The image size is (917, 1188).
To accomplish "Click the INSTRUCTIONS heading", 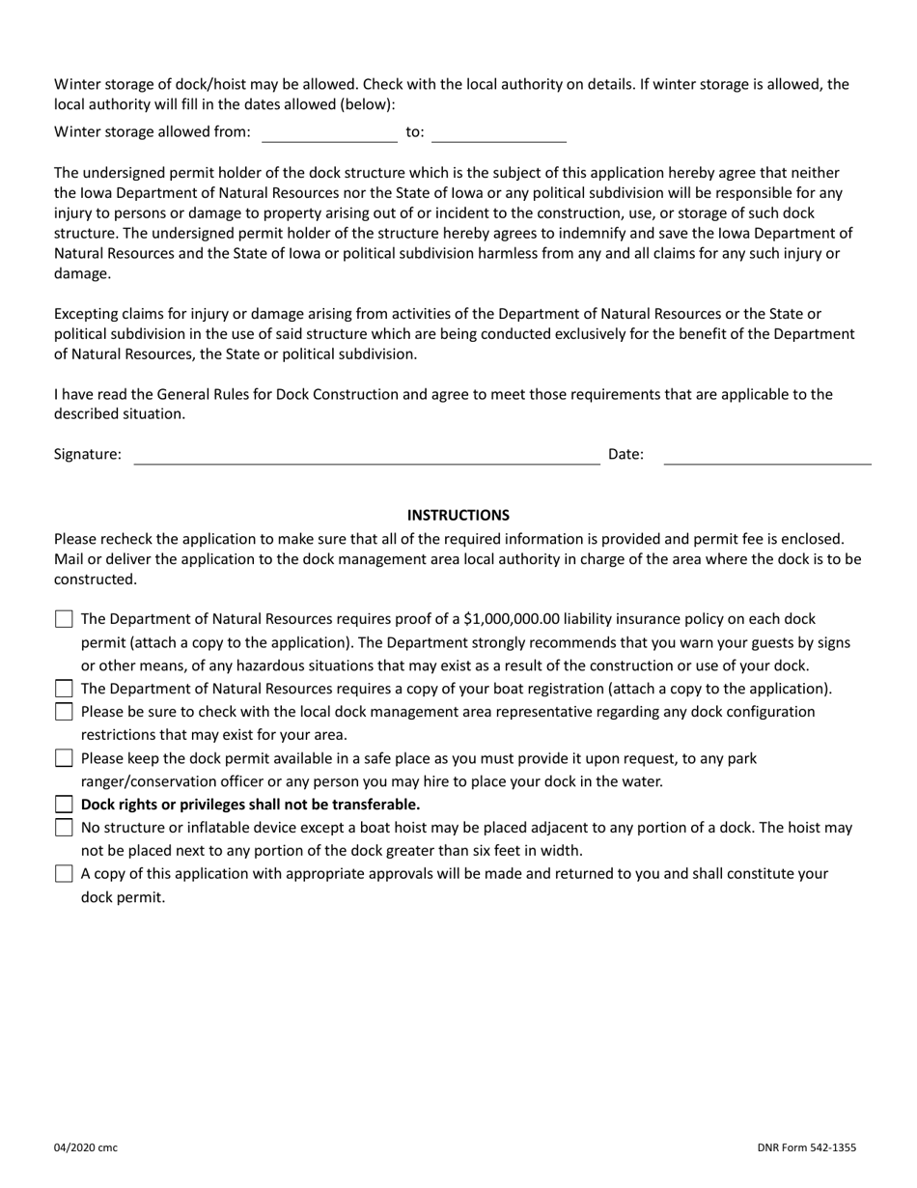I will pyautogui.click(x=458, y=516).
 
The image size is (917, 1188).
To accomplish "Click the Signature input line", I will pyautogui.click(x=366, y=455).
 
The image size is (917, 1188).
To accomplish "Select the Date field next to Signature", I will pyautogui.click(x=767, y=455).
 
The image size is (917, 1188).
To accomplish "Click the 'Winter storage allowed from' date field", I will pyautogui.click(x=329, y=132).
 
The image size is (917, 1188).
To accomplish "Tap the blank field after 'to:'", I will pyautogui.click(x=498, y=132).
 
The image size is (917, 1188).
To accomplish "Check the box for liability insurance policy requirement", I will pyautogui.click(x=64, y=619).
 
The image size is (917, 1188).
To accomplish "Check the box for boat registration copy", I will pyautogui.click(x=64, y=689).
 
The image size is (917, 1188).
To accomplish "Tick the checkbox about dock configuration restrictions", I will pyautogui.click(x=64, y=712).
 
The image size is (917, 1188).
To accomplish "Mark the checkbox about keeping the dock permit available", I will pyautogui.click(x=64, y=758).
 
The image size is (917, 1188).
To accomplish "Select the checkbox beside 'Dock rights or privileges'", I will pyautogui.click(x=64, y=805).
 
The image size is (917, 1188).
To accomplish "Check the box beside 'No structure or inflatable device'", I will pyautogui.click(x=64, y=828).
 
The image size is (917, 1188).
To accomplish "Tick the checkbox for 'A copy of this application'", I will pyautogui.click(x=64, y=874).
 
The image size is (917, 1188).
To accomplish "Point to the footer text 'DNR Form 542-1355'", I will pyautogui.click(x=806, y=1148).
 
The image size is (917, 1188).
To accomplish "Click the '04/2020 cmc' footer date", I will pyautogui.click(x=86, y=1148).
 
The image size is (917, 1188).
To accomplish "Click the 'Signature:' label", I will pyautogui.click(x=88, y=454).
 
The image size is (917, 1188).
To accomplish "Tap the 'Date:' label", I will pyautogui.click(x=625, y=454).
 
